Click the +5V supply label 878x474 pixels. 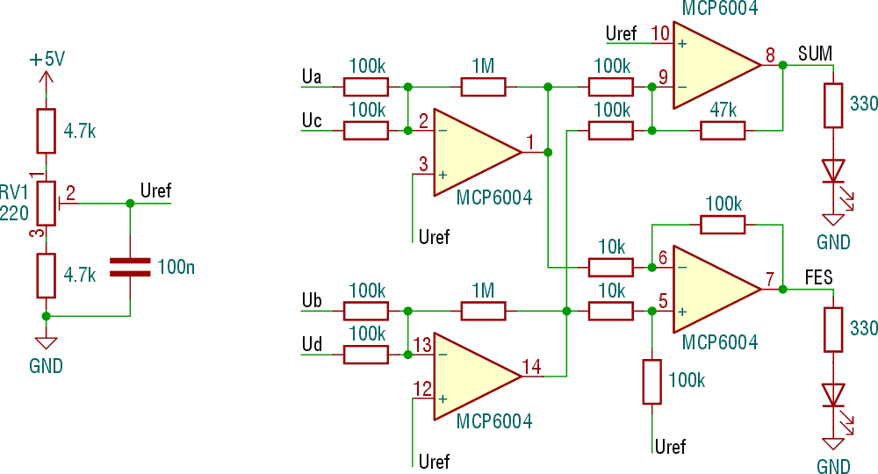pos(47,60)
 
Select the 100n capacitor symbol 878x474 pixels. pos(130,267)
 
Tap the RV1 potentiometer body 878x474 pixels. pos(47,203)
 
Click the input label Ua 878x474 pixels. pos(311,76)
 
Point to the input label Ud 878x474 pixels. pos(311,344)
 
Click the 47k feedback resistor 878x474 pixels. pos(723,131)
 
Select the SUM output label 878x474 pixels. pos(815,54)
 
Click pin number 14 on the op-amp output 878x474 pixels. pos(531,367)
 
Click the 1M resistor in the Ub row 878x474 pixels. pos(483,311)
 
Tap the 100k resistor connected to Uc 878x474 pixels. pos(365,131)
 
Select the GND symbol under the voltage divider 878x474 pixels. pos(47,344)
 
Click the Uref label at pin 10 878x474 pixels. pos(622,34)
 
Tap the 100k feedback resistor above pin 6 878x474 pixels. pos(723,224)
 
